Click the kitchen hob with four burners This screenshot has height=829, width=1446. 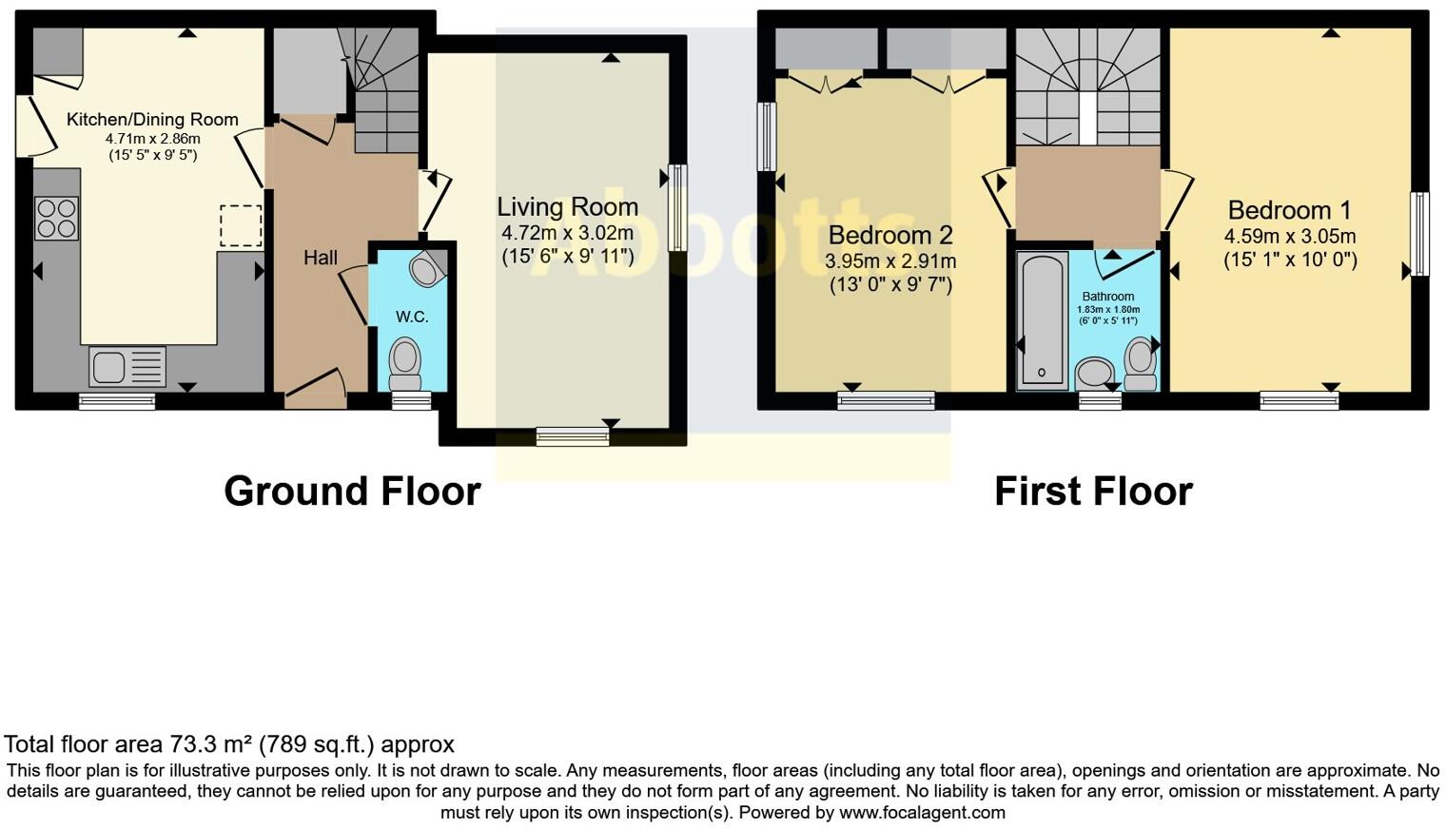pyautogui.click(x=56, y=218)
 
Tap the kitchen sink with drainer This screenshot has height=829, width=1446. pyautogui.click(x=127, y=367)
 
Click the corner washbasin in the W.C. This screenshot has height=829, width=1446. pyautogui.click(x=426, y=269)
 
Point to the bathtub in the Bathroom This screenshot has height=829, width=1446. pyautogui.click(x=1042, y=320)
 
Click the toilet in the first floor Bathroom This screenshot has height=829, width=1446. pyautogui.click(x=1139, y=364)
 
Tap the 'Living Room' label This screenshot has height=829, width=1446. pyautogui.click(x=567, y=207)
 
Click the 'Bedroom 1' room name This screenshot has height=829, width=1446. pyautogui.click(x=1289, y=210)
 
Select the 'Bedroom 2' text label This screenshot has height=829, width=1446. pyautogui.click(x=890, y=235)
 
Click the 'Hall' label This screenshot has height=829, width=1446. pyautogui.click(x=321, y=258)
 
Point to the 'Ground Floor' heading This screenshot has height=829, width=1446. pyautogui.click(x=352, y=492)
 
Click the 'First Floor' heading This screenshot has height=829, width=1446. pyautogui.click(x=1093, y=492)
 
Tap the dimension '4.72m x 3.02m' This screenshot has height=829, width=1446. pyautogui.click(x=567, y=233)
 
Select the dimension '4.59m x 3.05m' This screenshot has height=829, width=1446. pyautogui.click(x=1289, y=237)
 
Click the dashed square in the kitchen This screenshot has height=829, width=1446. pyautogui.click(x=241, y=226)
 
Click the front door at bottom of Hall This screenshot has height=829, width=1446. pyautogui.click(x=316, y=388)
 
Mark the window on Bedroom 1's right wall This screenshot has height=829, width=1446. pyautogui.click(x=1419, y=234)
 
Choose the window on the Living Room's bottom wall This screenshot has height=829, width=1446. pyautogui.click(x=573, y=436)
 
